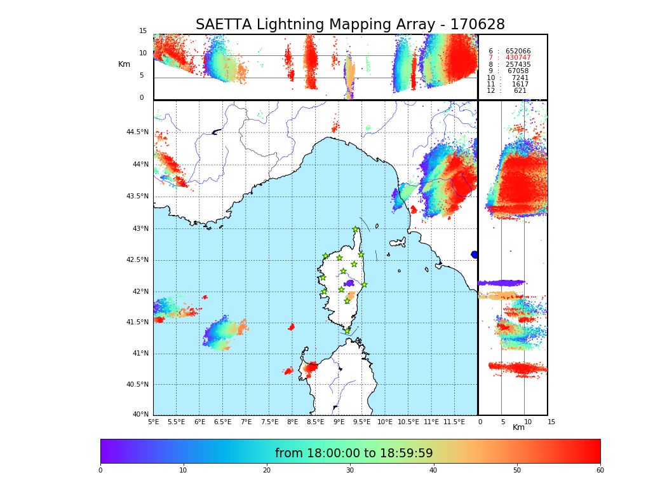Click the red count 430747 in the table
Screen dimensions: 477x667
pos(518,58)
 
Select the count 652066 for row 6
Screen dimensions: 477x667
pos(518,52)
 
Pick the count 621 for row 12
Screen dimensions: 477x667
pos(520,91)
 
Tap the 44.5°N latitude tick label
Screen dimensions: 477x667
pos(137,132)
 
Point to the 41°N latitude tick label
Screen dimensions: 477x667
pos(138,354)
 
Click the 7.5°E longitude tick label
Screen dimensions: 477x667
pos(269,422)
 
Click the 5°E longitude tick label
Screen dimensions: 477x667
pos(154,422)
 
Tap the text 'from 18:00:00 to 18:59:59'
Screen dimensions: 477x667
pos(354,453)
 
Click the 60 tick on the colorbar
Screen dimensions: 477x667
pos(600,471)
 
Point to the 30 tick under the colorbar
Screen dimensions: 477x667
pos(350,471)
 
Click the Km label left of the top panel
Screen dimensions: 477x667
pos(125,64)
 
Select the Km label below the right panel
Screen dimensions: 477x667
pos(518,427)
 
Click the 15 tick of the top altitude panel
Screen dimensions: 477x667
pos(143,31)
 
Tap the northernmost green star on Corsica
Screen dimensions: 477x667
pos(356,230)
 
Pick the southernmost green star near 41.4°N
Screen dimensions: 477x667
pos(347,331)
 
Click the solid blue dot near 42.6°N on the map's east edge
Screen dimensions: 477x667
pos(474,254)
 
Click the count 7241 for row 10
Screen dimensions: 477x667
pos(520,78)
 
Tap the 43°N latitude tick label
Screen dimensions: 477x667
pos(138,229)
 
